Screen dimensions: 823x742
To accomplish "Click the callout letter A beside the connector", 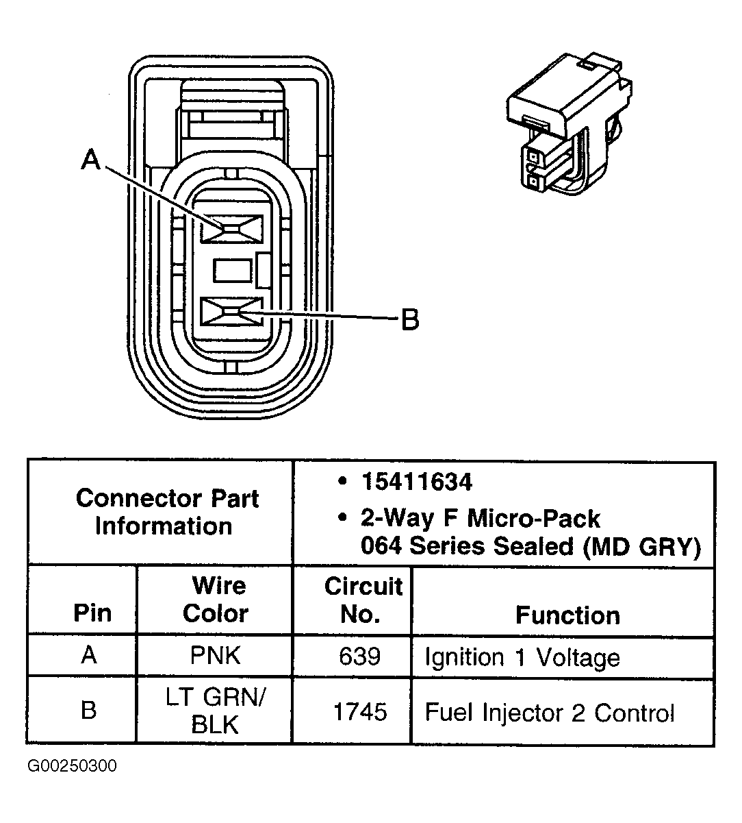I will point(90,160).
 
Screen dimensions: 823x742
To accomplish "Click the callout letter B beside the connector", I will point(409,319).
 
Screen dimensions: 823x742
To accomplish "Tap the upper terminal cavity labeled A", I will point(231,228).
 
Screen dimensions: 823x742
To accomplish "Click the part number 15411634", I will point(416,482).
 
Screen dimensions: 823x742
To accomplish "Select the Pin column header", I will point(92,612).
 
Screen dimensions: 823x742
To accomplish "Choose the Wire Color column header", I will point(215,599).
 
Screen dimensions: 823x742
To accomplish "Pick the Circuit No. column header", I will point(362,599).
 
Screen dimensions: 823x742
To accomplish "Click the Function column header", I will point(567,615).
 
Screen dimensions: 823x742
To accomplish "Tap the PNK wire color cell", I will point(215,656).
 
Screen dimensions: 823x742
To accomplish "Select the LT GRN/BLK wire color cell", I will point(215,711).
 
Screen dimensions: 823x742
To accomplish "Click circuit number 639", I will point(359,656).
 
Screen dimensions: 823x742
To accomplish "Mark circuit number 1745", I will point(359,712).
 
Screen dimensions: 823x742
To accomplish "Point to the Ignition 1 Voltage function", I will point(522,657).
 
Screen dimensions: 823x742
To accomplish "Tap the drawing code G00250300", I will point(72,765).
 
